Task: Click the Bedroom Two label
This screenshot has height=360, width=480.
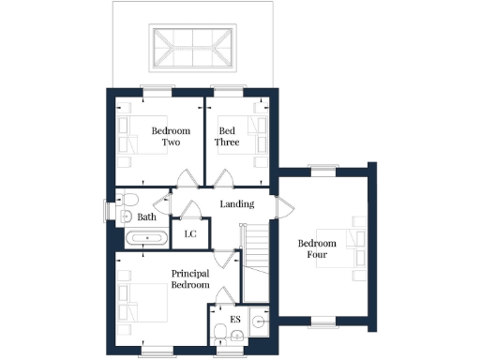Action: click(x=171, y=137)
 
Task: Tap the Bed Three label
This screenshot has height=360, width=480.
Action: click(x=228, y=137)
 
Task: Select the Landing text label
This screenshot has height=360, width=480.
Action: click(x=237, y=203)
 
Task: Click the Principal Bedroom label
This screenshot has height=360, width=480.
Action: click(x=189, y=278)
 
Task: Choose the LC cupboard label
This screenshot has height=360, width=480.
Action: click(x=190, y=233)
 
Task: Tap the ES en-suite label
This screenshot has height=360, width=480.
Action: click(x=234, y=320)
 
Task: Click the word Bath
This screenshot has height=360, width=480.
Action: click(x=147, y=217)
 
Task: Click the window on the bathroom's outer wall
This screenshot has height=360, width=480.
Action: click(x=104, y=211)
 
